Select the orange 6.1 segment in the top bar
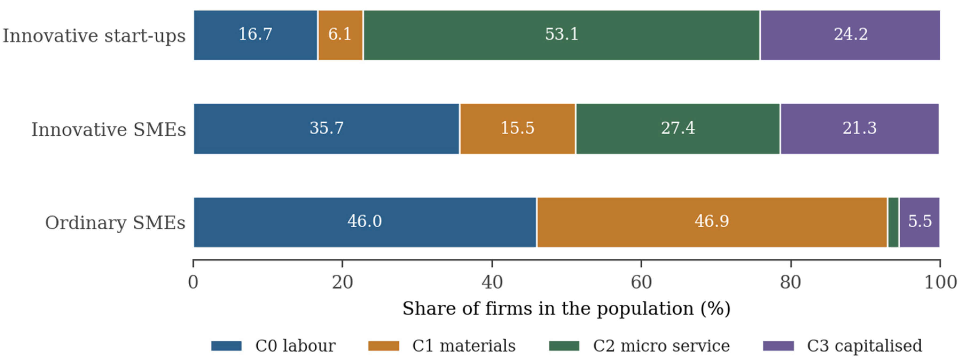[340, 35]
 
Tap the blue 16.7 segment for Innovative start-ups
[256, 35]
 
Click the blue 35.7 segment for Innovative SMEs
[326, 129]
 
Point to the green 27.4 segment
[678, 129]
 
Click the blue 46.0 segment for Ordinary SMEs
[365, 222]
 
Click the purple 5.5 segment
[920, 222]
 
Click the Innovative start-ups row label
[94, 36]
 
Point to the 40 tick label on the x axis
[492, 282]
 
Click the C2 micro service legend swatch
[564, 346]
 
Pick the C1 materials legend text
[464, 346]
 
